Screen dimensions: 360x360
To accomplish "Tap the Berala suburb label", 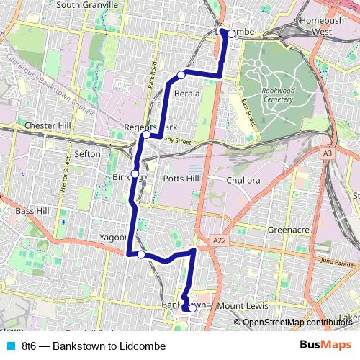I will click(x=186, y=94).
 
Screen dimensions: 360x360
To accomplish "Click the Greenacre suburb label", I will click(x=289, y=230).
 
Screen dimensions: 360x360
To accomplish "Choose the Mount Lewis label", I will click(x=241, y=306).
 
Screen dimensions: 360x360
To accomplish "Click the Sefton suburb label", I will click(x=87, y=153).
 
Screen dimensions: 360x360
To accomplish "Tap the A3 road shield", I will click(x=328, y=153).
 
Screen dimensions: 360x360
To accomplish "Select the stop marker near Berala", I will click(x=182, y=74).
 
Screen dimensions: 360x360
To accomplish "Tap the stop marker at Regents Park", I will click(x=146, y=134).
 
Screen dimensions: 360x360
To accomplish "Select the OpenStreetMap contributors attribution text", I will click(x=297, y=323).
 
